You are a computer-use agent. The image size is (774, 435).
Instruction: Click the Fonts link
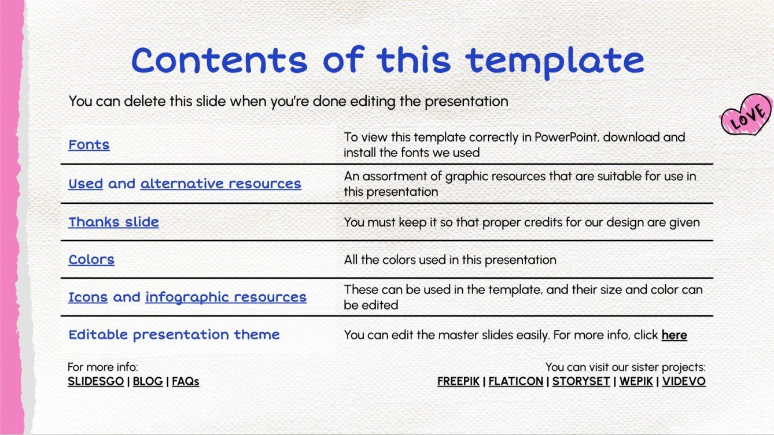89,144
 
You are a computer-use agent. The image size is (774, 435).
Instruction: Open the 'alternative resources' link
220,184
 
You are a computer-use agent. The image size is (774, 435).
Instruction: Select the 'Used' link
86,184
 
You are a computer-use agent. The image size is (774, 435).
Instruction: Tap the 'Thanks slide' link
113,222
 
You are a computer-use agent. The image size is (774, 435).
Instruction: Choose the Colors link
91,259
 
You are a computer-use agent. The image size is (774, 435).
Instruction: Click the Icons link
88,297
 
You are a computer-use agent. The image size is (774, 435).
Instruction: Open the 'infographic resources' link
226,297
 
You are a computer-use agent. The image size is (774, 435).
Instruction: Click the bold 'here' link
674,335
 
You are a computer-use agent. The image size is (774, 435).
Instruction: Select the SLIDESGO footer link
95,381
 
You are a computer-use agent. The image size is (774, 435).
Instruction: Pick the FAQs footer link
185,381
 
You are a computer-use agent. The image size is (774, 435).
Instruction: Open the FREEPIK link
460,381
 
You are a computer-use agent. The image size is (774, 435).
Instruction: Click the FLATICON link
516,381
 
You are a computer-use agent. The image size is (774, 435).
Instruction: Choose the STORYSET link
581,381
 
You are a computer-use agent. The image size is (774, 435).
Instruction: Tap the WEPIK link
635,381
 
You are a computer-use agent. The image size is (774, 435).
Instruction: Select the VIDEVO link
684,381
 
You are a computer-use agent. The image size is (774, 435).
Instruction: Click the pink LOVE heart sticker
746,114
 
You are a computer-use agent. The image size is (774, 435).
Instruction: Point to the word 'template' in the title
555,60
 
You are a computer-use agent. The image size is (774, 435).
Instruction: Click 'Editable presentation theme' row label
174,334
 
